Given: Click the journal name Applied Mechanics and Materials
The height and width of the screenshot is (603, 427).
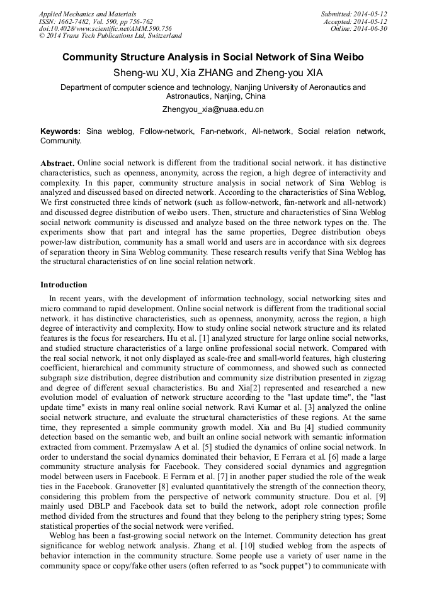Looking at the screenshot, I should coord(87,13).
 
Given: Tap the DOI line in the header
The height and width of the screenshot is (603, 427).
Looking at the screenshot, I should coord(105,28).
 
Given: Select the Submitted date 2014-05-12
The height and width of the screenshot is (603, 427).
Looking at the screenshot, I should coord(354,13).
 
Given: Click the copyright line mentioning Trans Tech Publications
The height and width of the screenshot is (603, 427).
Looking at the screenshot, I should coord(110,36).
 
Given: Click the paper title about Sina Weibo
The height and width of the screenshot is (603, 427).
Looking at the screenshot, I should coord(213,57).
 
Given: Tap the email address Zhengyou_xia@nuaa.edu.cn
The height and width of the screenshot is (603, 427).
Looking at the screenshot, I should coord(213,109).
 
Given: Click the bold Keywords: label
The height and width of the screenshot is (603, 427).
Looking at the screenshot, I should coord(60,131).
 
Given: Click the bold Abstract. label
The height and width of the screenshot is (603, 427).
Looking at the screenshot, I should coord(57,163).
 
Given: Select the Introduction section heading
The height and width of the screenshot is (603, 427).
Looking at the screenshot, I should coord(64,285).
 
